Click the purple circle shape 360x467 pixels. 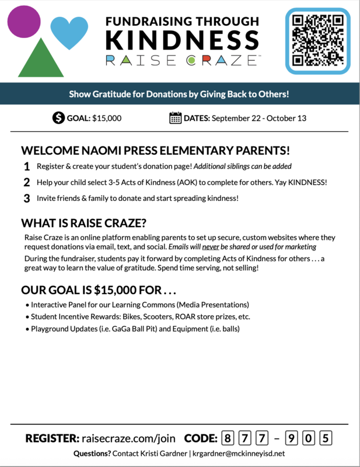(24, 22)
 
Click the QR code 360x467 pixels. (318, 40)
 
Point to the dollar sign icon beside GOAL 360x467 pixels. (58, 118)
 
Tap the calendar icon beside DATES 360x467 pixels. (175, 118)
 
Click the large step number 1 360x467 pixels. (27, 166)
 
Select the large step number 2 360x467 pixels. (27, 182)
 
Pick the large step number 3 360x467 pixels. (27, 198)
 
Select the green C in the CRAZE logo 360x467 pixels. (190, 60)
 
